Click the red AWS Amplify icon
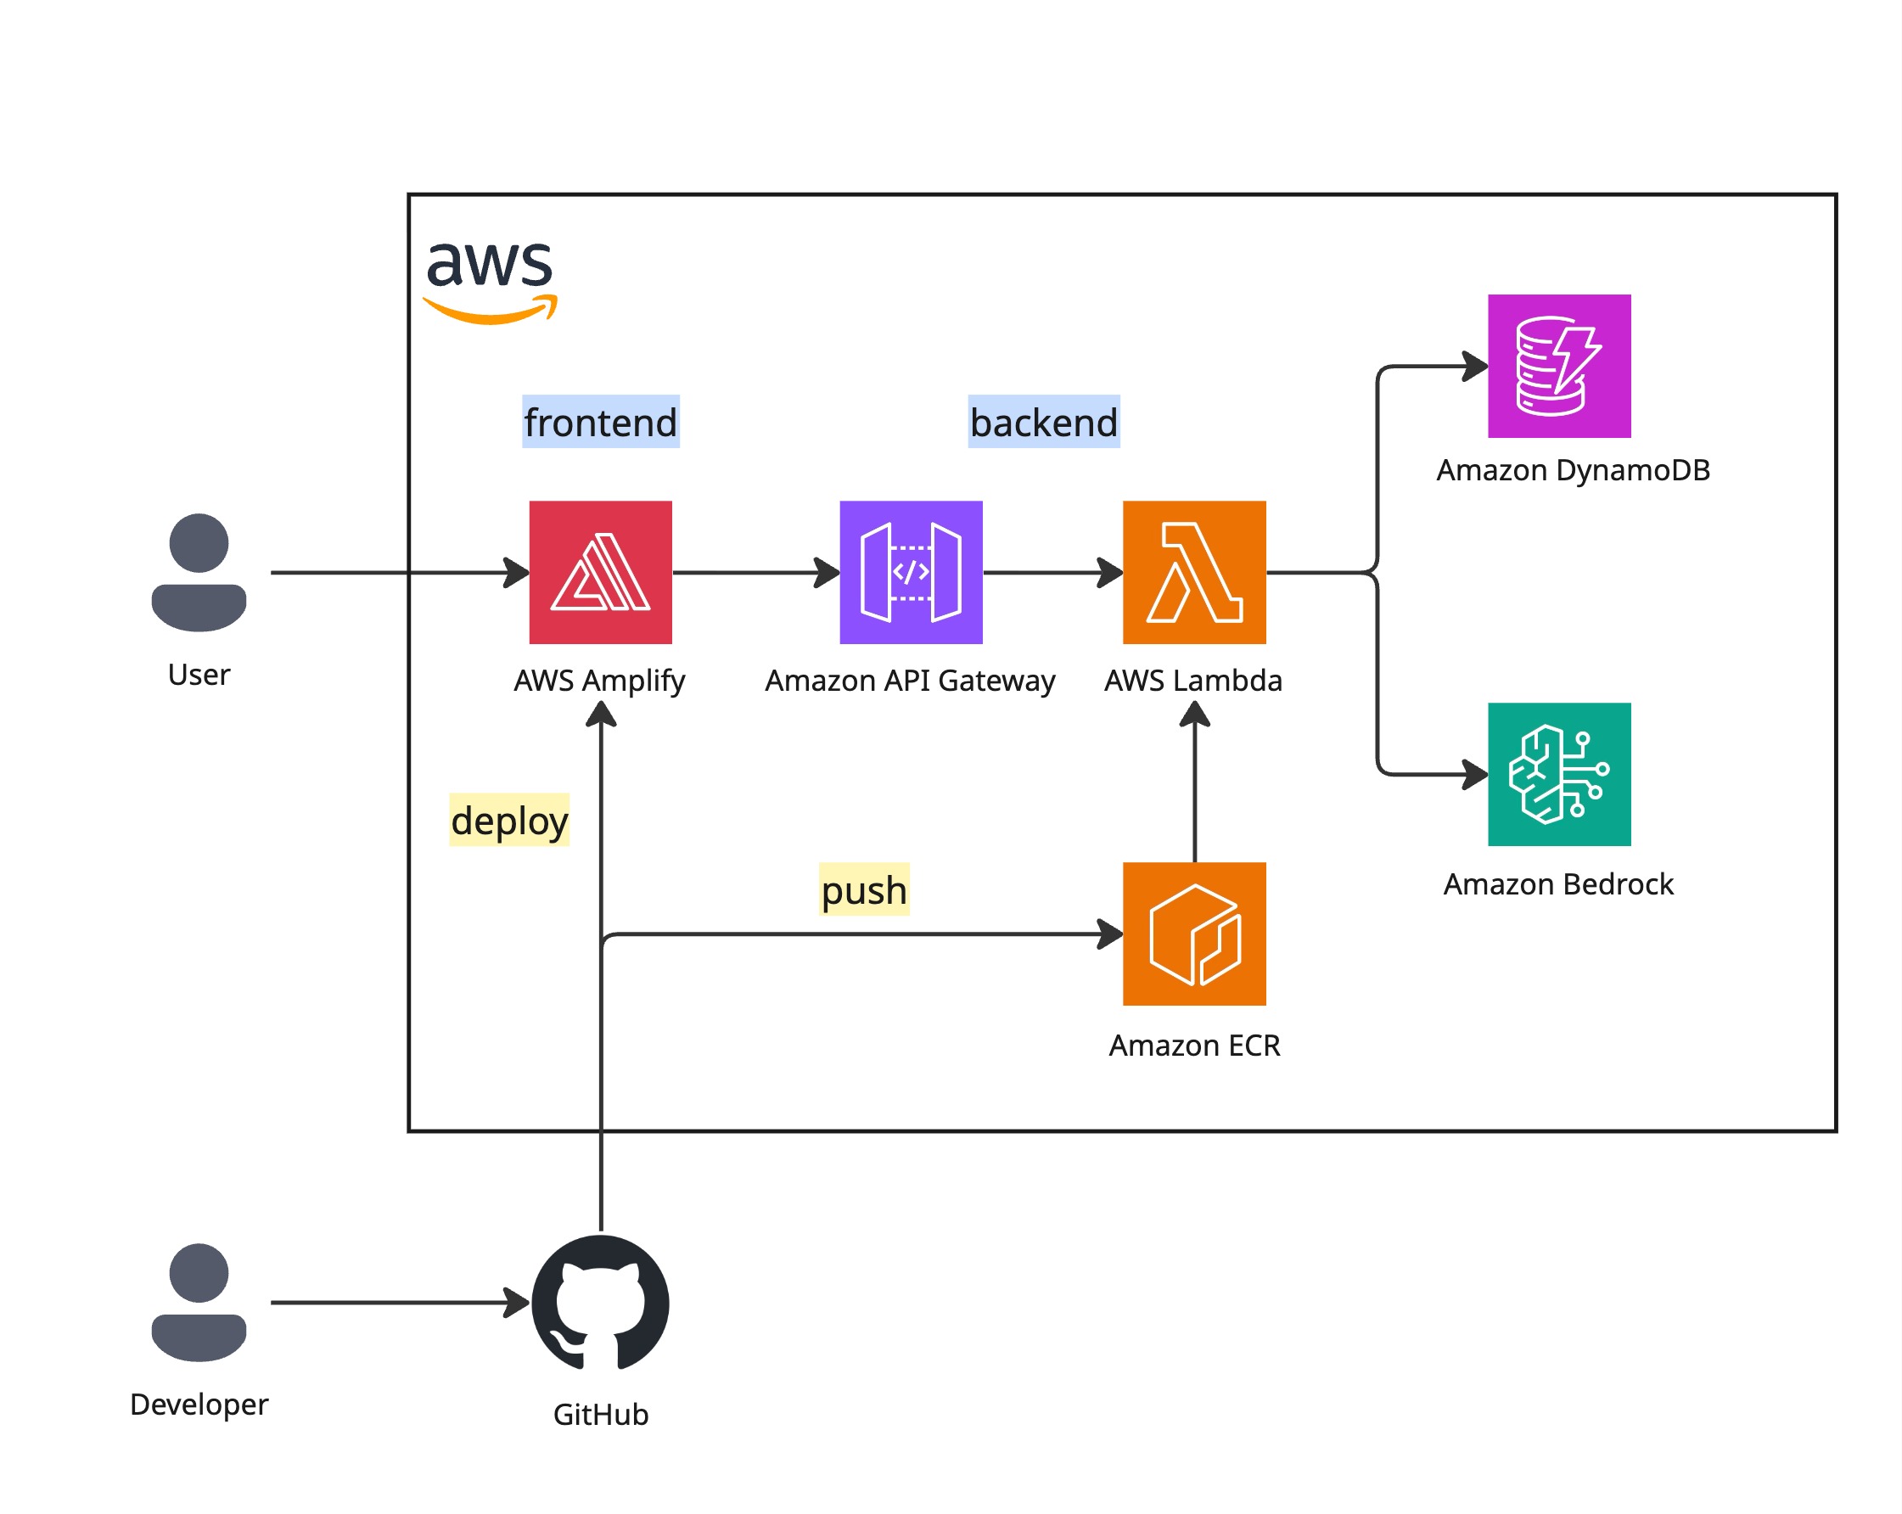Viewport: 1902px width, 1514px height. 600,572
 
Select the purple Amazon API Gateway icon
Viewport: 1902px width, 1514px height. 911,572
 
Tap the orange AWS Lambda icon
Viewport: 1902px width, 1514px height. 1193,572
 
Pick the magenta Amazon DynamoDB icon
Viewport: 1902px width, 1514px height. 1559,365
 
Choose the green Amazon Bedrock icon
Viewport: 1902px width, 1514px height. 1559,774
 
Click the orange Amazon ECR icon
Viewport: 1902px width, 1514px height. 1193,934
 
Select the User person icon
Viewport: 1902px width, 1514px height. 199,572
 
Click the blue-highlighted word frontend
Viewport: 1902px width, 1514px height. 600,422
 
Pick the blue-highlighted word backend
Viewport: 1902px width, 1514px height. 1044,422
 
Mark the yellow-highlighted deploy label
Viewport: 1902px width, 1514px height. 509,820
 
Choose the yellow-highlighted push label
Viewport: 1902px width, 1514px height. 864,889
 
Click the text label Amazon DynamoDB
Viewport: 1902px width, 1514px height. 1573,469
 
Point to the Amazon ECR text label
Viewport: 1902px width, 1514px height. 1193,1045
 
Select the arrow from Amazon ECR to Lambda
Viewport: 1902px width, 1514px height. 1194,785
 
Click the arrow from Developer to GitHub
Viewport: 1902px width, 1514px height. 397,1301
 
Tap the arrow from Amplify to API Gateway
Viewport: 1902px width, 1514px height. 755,572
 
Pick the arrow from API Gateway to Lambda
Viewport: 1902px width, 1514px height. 1052,572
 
